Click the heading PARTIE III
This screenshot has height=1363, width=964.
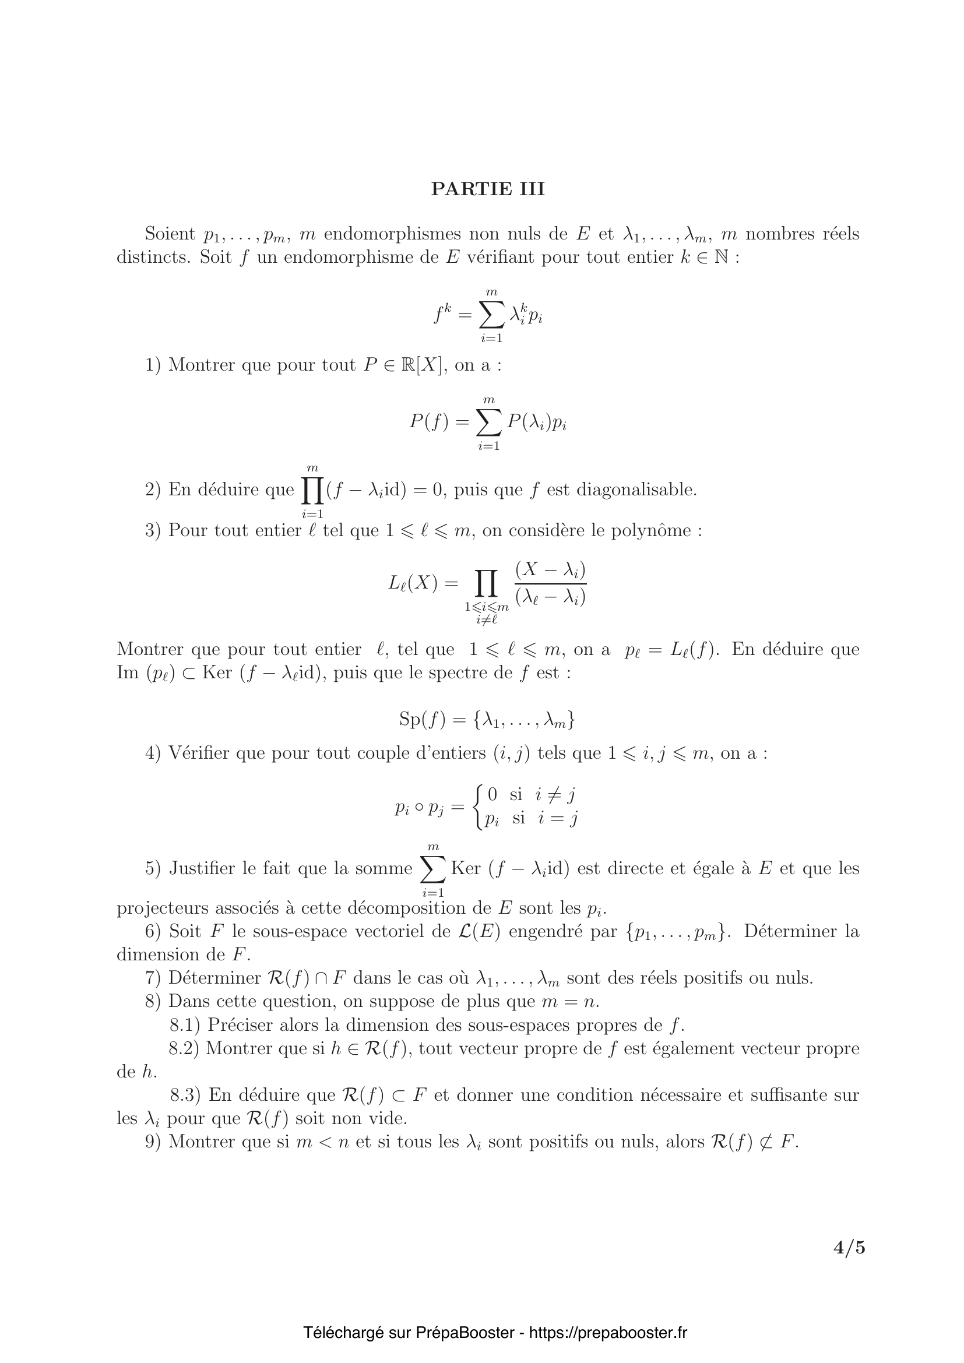[x=487, y=189]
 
